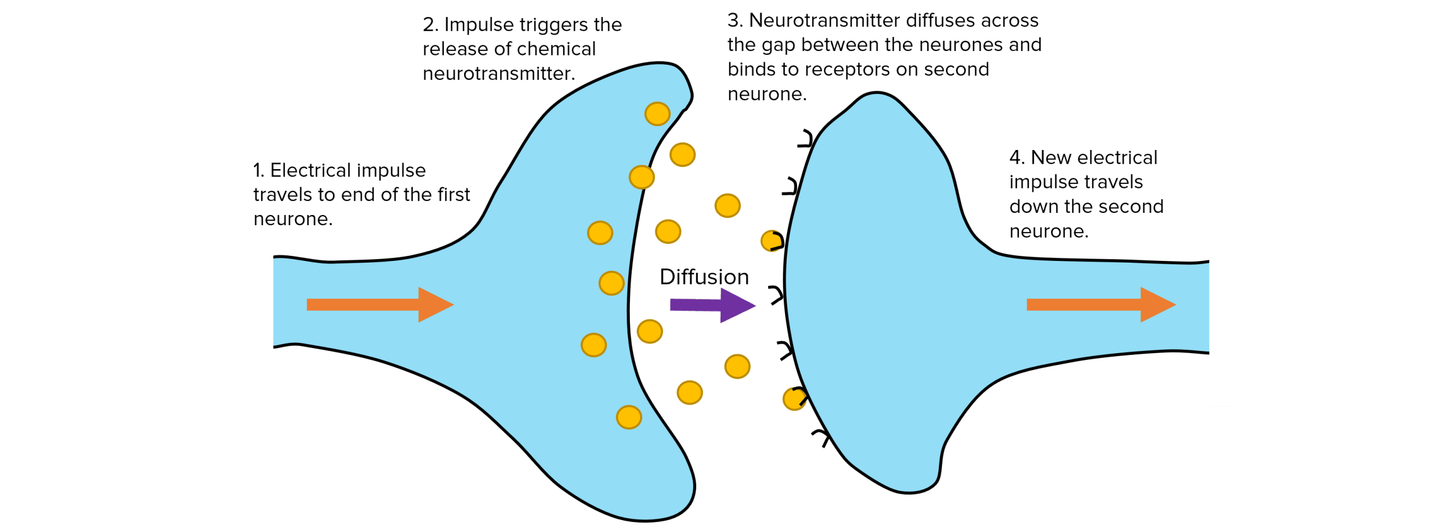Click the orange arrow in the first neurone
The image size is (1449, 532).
pos(379,304)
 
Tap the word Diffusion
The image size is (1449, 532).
pos(704,277)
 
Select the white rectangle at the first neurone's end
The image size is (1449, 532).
pos(256,304)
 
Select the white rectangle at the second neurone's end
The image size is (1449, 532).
pos(1223,313)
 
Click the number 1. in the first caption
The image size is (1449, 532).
pos(259,170)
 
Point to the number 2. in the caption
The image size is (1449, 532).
pos(430,25)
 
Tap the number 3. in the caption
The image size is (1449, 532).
pos(735,21)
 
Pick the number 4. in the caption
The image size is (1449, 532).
pos(1017,158)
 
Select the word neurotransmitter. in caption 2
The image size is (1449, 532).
pos(499,74)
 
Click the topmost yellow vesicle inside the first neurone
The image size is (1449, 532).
pos(657,114)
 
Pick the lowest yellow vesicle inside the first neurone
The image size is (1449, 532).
pos(629,417)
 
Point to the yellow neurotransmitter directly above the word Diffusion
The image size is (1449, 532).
pos(668,231)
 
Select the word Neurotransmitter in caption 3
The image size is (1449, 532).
pos(824,21)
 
